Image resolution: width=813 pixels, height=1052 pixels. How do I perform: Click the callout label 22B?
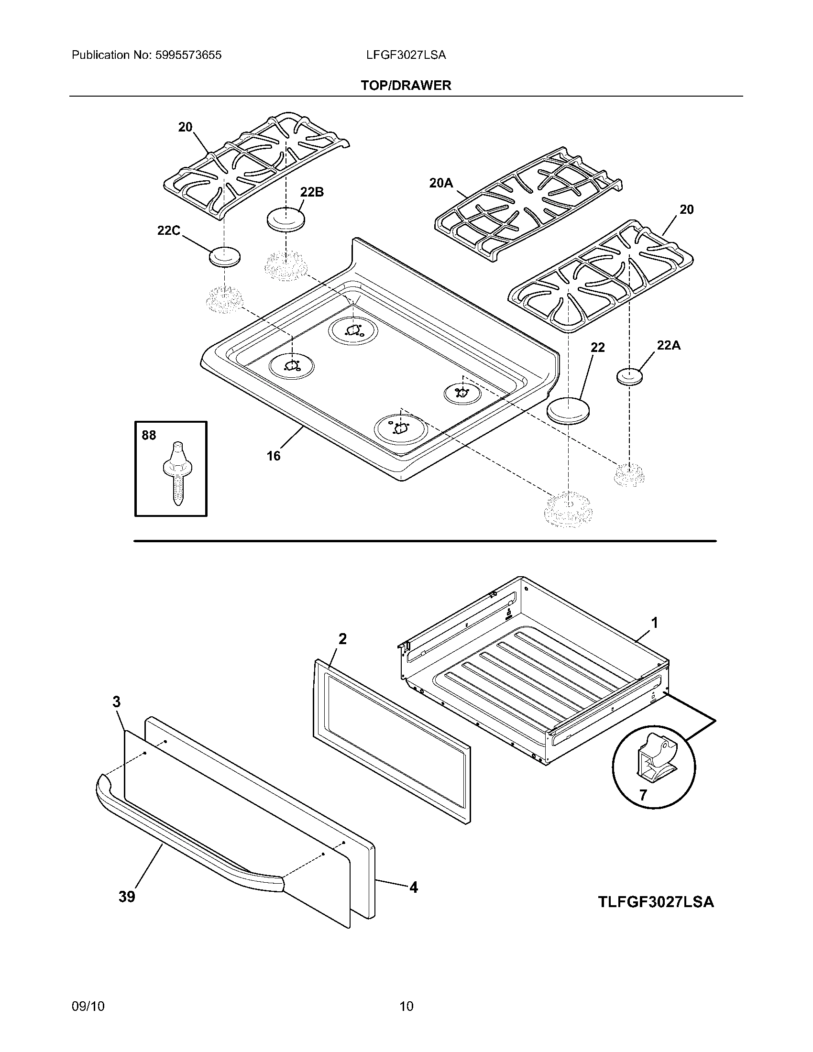[x=312, y=192]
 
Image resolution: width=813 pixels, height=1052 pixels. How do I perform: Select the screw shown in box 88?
[x=177, y=472]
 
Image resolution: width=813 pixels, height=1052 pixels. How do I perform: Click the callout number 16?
[x=274, y=456]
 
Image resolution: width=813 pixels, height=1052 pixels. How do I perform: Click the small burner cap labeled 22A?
[x=629, y=377]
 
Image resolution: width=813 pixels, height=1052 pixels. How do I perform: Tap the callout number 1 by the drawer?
[x=655, y=623]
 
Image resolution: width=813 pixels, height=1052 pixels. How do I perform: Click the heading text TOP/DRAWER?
[x=406, y=86]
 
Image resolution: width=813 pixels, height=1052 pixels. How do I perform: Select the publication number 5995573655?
[x=188, y=55]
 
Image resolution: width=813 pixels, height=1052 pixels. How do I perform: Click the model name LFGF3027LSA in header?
[x=406, y=55]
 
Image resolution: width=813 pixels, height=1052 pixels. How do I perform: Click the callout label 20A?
[x=441, y=183]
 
